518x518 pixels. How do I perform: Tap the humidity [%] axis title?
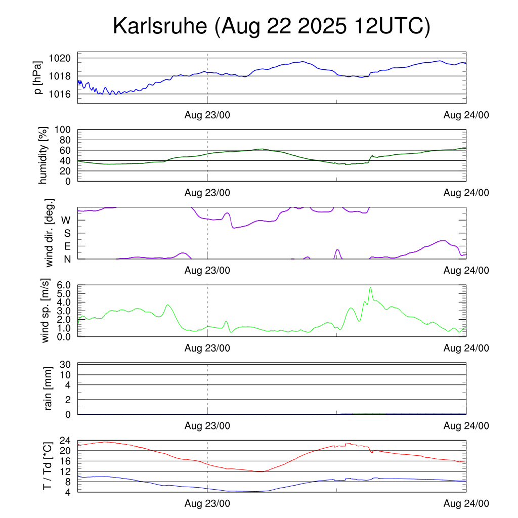(x=44, y=156)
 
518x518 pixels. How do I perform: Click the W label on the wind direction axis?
(x=66, y=220)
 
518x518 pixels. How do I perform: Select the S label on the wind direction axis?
(x=66, y=233)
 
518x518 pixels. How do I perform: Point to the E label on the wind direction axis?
(x=66, y=246)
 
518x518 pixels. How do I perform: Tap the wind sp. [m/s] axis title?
(x=46, y=312)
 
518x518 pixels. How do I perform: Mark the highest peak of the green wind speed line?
(x=371, y=288)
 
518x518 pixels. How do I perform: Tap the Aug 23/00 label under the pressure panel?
(x=207, y=115)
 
